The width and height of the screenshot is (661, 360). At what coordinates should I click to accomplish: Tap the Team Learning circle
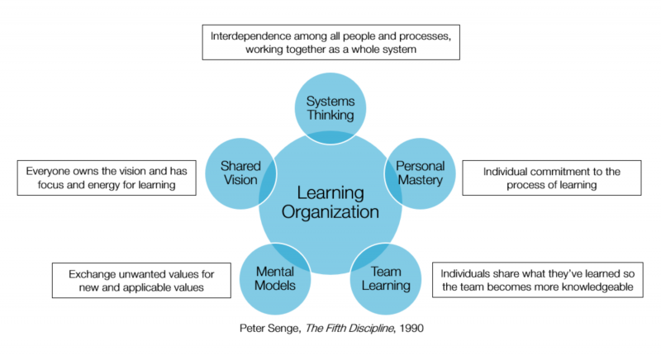[386, 278]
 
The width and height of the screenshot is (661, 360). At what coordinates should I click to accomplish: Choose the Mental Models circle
[274, 278]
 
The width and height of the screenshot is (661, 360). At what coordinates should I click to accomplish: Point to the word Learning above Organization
[330, 192]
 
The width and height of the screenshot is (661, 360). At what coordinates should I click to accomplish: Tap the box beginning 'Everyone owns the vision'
[107, 178]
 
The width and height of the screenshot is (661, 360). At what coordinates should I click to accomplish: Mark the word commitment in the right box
[547, 170]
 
